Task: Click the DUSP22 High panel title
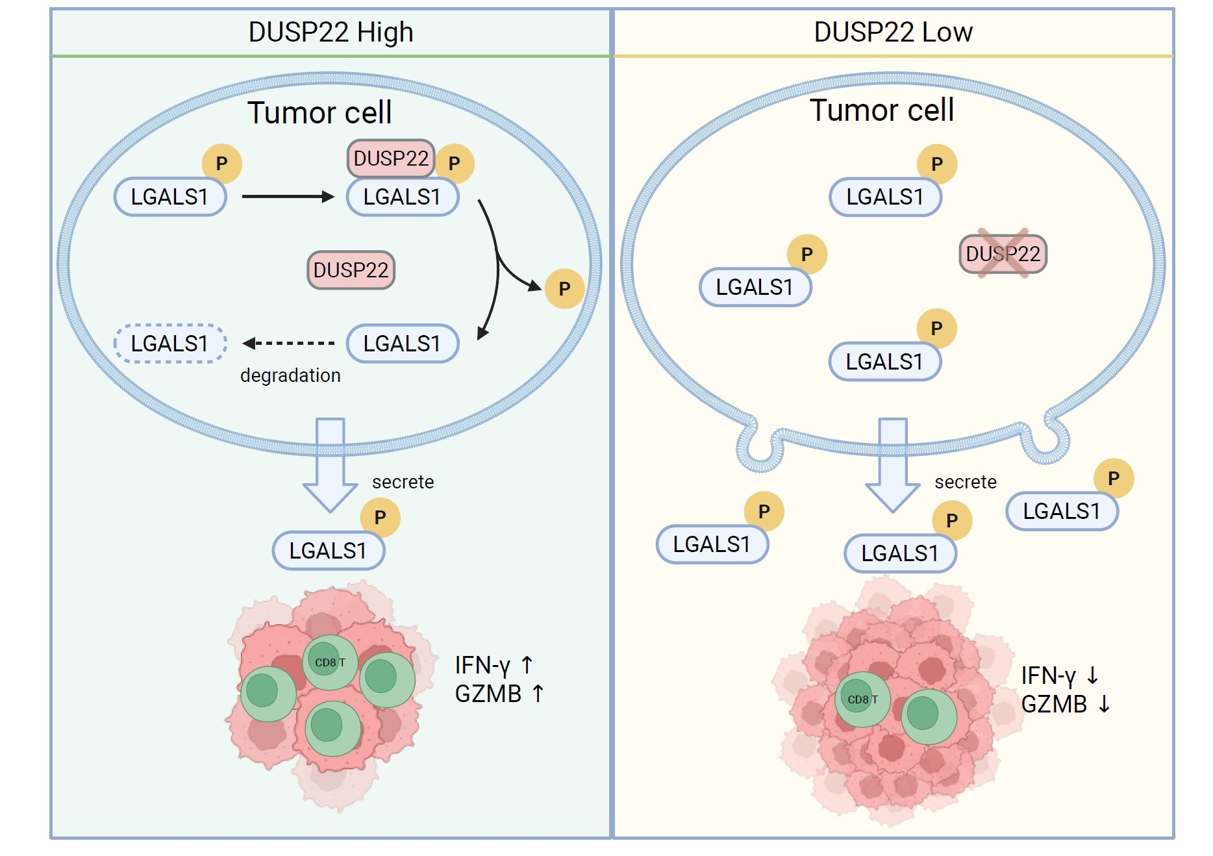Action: click(331, 32)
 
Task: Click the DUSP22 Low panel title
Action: click(893, 32)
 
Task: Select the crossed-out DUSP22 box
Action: click(1003, 254)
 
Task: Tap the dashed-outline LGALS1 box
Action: click(170, 344)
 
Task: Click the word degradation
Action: click(290, 375)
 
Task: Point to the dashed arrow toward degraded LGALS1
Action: click(289, 343)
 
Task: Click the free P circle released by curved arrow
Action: click(564, 288)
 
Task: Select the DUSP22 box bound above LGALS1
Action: click(390, 158)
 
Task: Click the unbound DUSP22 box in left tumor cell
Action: click(351, 270)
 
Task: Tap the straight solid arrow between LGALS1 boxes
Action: click(288, 196)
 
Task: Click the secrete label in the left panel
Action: click(403, 482)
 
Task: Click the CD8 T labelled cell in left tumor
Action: click(330, 662)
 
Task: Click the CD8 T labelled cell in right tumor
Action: click(862, 699)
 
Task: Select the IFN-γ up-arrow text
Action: click(494, 665)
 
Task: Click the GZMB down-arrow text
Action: click(1065, 704)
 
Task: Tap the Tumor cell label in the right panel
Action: click(881, 110)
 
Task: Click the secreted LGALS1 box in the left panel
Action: click(329, 551)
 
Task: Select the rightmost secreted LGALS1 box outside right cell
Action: click(1062, 511)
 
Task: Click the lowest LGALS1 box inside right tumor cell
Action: click(884, 362)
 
